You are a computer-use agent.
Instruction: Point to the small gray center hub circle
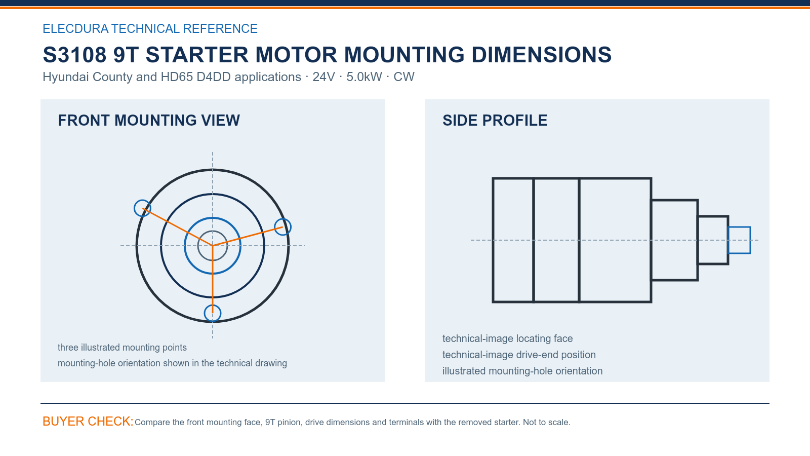pyautogui.click(x=198, y=246)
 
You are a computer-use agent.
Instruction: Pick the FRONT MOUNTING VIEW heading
pyautogui.click(x=149, y=121)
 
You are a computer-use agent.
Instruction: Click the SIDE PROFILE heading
pyautogui.click(x=495, y=121)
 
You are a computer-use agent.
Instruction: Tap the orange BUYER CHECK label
pyautogui.click(x=88, y=421)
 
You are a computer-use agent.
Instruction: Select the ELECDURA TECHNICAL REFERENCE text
pyautogui.click(x=150, y=28)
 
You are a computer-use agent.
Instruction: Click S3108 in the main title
pyautogui.click(x=74, y=55)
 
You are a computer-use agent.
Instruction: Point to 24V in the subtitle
pyautogui.click(x=323, y=77)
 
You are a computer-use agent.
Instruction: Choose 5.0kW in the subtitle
pyautogui.click(x=364, y=77)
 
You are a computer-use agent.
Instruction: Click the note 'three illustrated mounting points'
pyautogui.click(x=122, y=348)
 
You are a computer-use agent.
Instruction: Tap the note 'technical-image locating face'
pyautogui.click(x=507, y=338)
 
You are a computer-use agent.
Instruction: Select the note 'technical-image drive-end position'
pyautogui.click(x=519, y=355)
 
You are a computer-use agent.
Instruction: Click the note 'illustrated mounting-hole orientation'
pyautogui.click(x=522, y=371)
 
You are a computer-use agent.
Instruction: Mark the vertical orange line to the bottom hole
pyautogui.click(x=213, y=279)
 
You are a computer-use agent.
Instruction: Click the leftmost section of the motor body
pyautogui.click(x=493, y=240)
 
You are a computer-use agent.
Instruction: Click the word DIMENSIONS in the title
pyautogui.click(x=541, y=55)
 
